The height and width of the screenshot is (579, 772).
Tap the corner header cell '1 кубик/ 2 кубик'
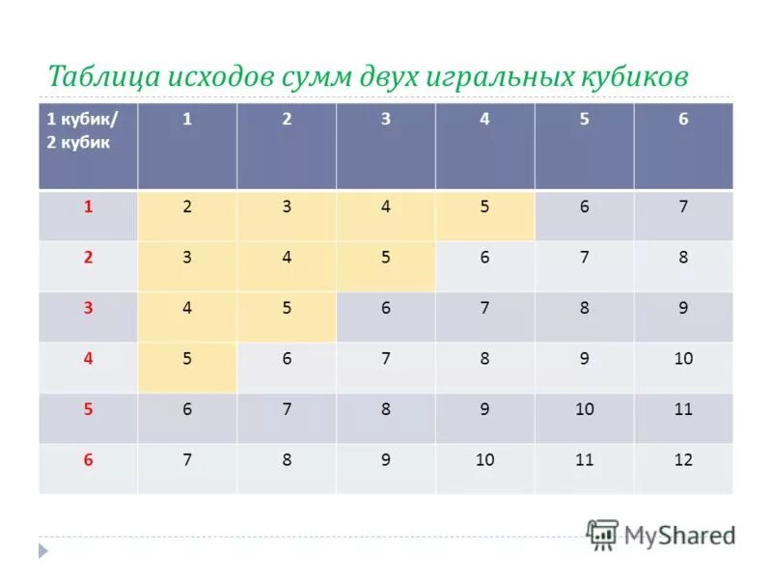pyautogui.click(x=88, y=146)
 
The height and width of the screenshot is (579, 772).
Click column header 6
pyautogui.click(x=683, y=120)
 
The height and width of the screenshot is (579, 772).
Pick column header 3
pyautogui.click(x=386, y=120)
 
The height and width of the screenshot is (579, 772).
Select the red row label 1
pyautogui.click(x=88, y=207)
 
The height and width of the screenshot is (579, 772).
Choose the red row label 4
pyautogui.click(x=88, y=358)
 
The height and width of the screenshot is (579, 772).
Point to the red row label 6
pyautogui.click(x=88, y=459)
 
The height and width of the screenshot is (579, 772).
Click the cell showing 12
pyautogui.click(x=683, y=460)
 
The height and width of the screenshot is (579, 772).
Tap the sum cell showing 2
pyautogui.click(x=187, y=207)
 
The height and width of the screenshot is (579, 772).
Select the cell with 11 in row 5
pyautogui.click(x=683, y=409)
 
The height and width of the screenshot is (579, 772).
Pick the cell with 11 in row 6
pyautogui.click(x=584, y=460)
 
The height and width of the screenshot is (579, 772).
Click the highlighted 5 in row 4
pyautogui.click(x=187, y=358)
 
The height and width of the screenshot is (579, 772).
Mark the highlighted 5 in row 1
pyautogui.click(x=484, y=207)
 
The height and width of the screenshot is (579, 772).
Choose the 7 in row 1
pyautogui.click(x=683, y=207)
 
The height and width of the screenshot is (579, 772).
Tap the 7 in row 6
pyautogui.click(x=187, y=460)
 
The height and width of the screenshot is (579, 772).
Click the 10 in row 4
pyautogui.click(x=683, y=358)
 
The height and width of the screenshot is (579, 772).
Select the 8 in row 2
pyautogui.click(x=683, y=258)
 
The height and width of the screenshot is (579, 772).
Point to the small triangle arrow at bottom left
pyautogui.click(x=42, y=551)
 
